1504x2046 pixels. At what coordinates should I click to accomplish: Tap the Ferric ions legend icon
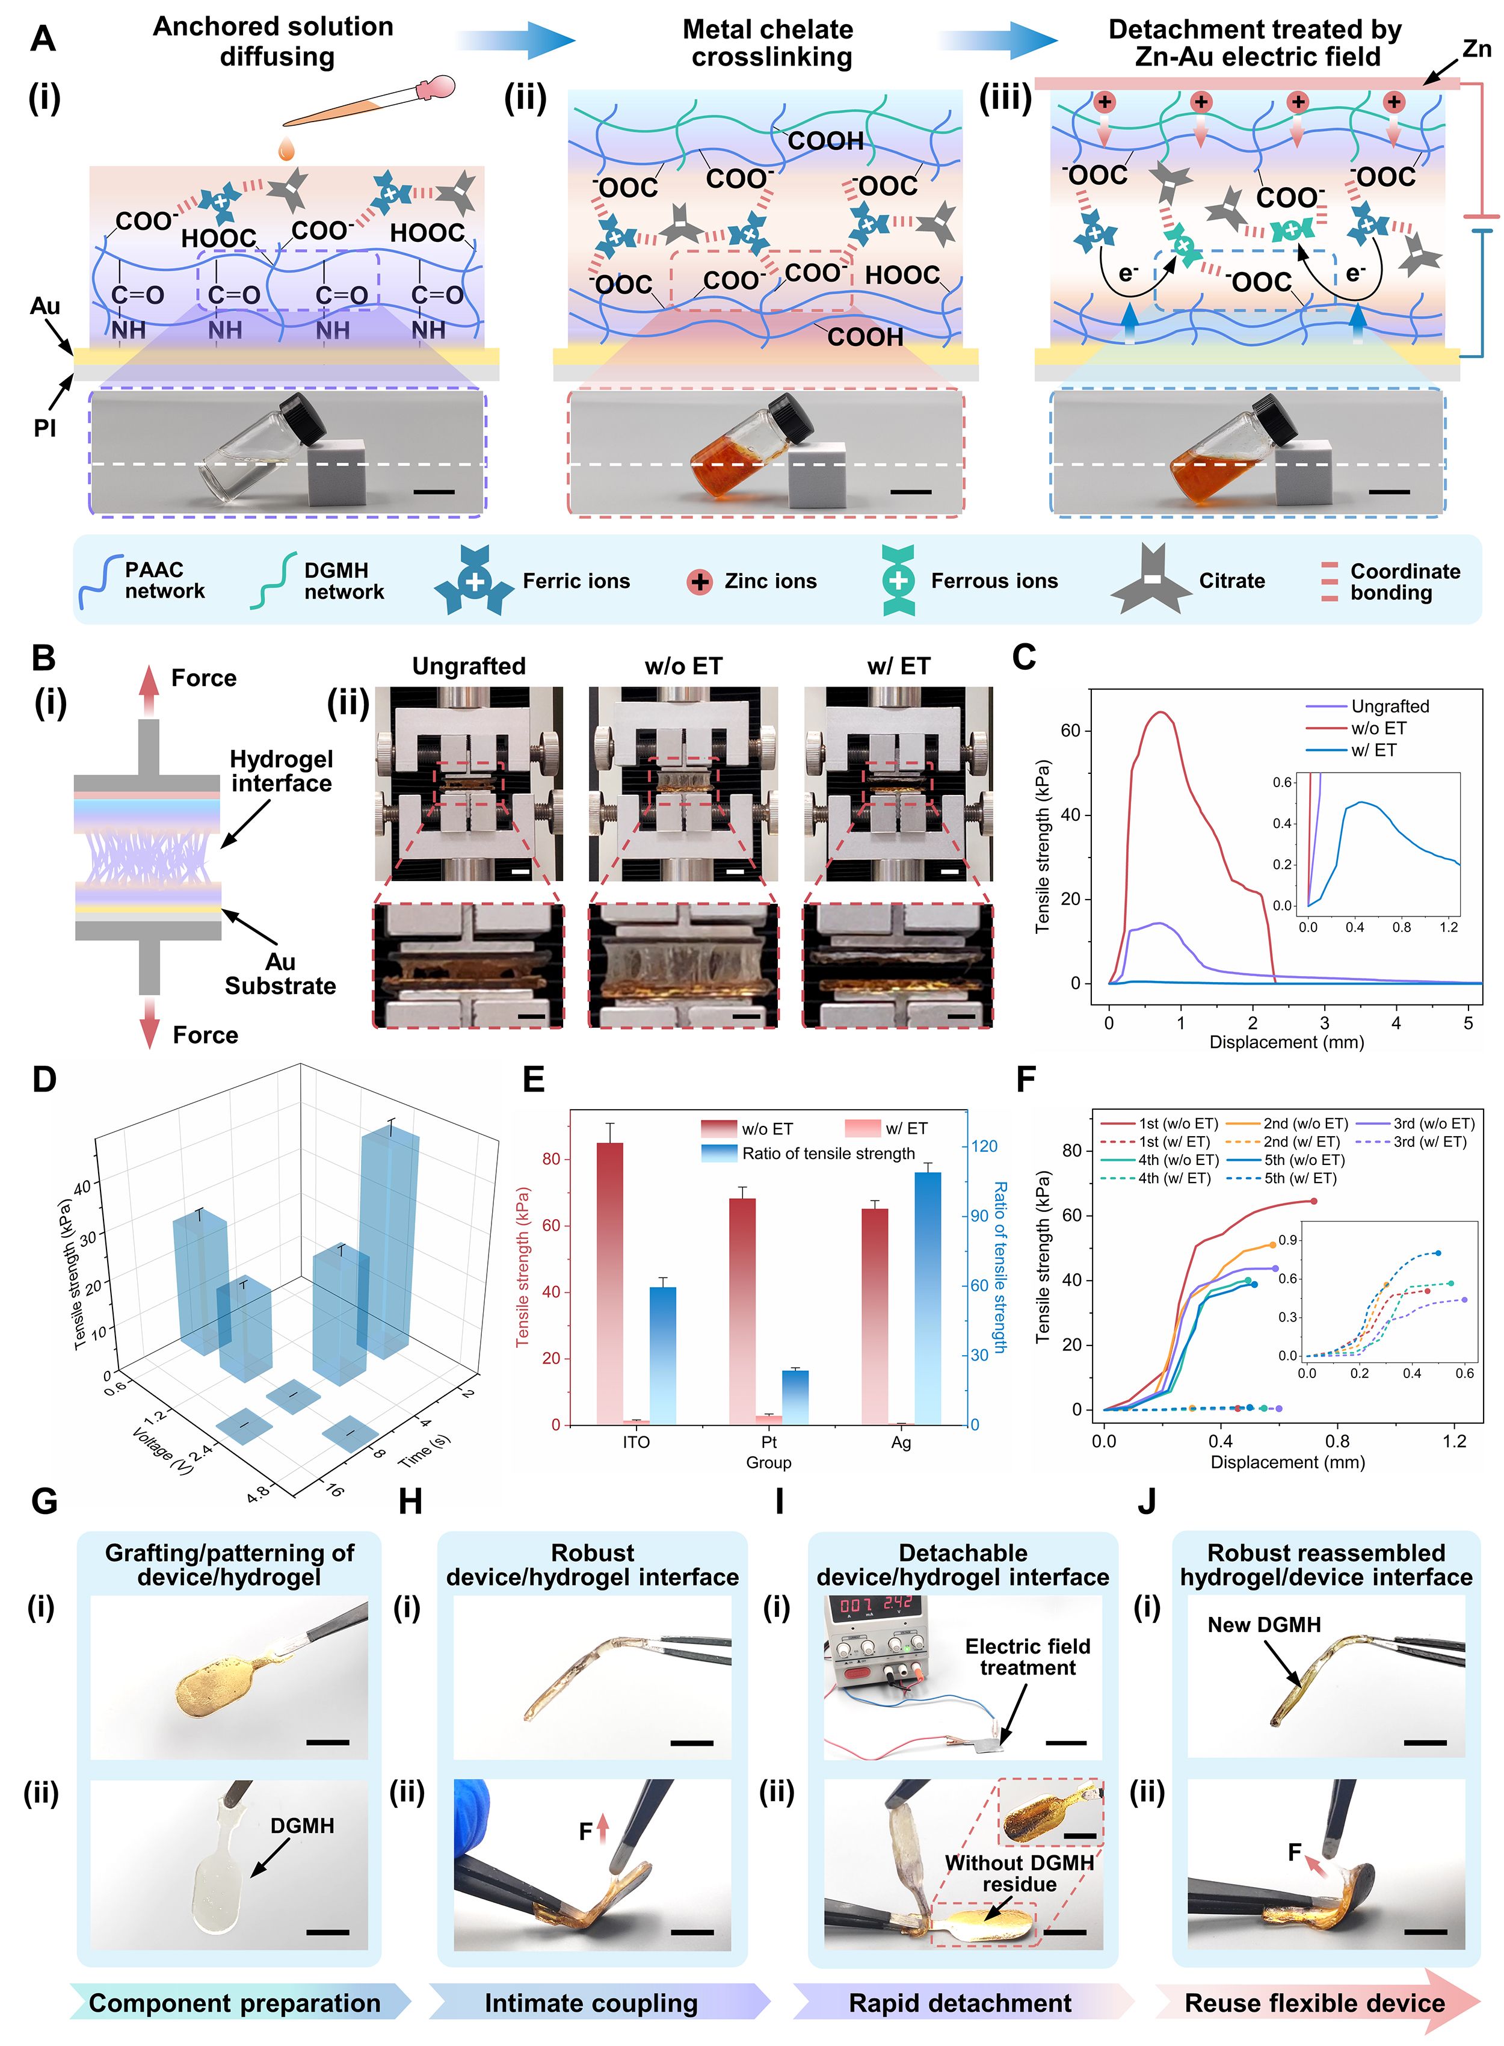point(474,580)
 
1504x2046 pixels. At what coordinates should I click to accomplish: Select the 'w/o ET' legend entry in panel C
point(1378,728)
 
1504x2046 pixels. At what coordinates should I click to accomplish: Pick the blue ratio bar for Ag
point(927,1297)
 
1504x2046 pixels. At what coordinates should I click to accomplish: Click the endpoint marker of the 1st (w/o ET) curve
point(1313,1201)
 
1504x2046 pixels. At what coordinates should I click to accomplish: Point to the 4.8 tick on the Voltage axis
point(257,1492)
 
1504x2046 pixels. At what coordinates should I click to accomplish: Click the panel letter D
point(44,1081)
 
